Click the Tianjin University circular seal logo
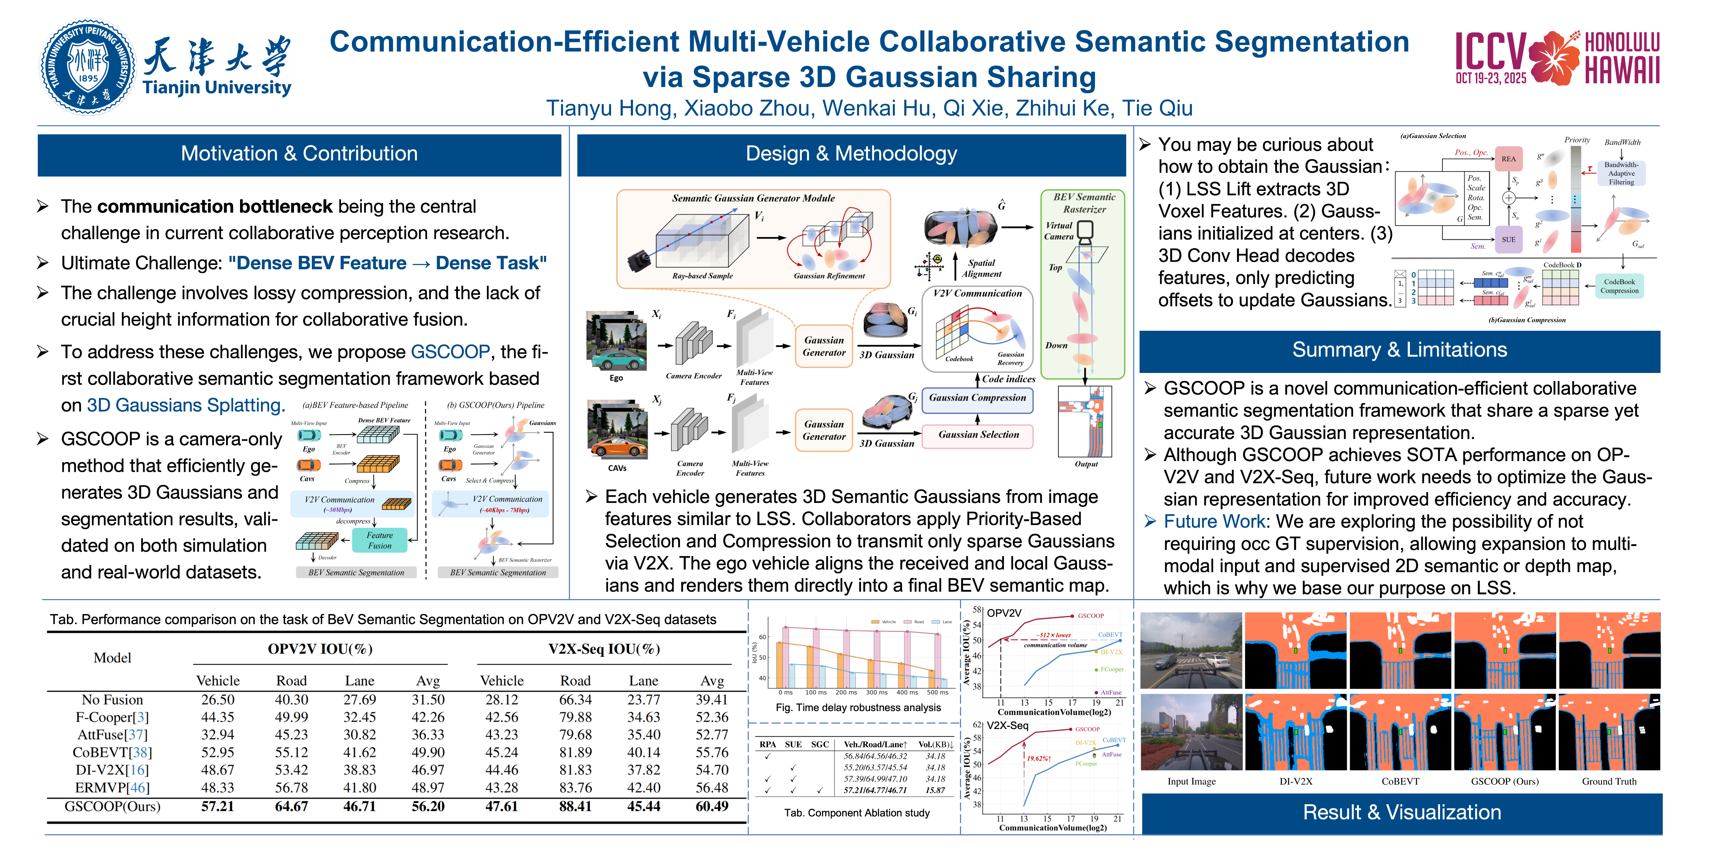point(87,67)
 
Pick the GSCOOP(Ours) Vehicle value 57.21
point(218,806)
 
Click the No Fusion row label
point(112,700)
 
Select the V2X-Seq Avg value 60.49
point(712,806)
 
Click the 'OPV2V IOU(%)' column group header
point(320,649)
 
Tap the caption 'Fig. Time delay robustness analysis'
point(858,708)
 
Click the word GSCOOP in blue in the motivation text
point(450,352)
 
